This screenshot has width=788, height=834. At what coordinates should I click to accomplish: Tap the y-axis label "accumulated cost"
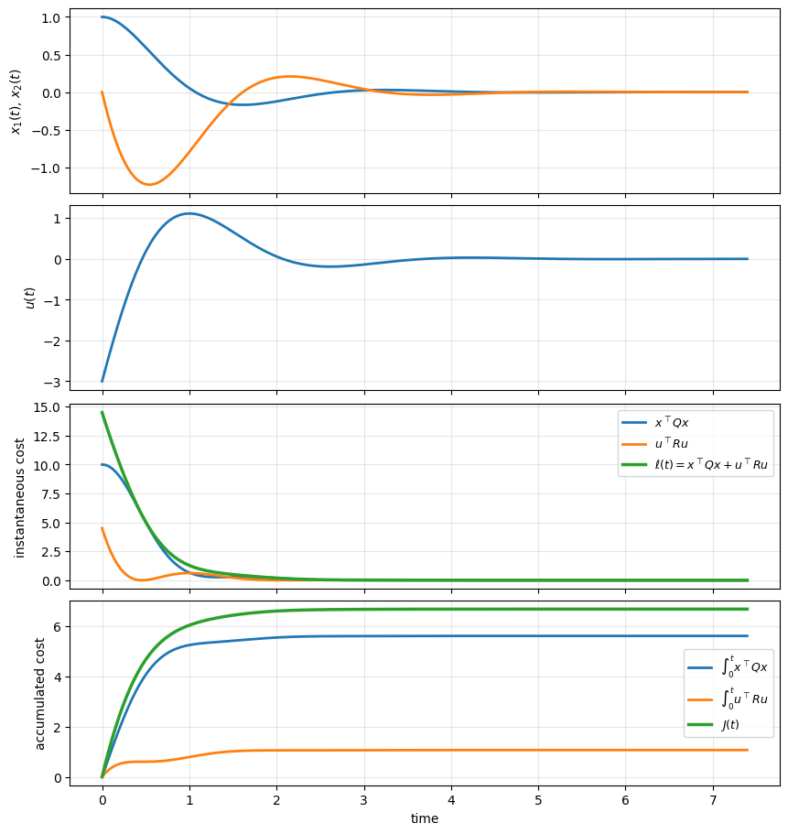(x=40, y=693)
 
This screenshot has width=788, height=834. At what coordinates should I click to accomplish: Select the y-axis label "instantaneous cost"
(x=20, y=495)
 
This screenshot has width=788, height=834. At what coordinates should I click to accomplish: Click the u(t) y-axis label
(x=30, y=298)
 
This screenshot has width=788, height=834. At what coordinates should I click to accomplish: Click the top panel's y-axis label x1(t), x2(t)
(x=16, y=101)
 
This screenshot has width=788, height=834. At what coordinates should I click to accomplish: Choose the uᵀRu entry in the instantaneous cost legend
(x=672, y=444)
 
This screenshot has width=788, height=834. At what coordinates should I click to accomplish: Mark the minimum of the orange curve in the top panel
(x=149, y=185)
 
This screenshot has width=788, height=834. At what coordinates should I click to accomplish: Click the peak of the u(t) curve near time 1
(x=189, y=213)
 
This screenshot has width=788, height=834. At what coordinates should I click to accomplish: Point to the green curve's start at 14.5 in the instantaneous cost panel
(x=103, y=412)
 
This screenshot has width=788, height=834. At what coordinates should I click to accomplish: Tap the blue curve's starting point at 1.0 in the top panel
(x=103, y=16)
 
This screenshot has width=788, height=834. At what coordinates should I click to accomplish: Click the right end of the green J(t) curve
(x=748, y=609)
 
